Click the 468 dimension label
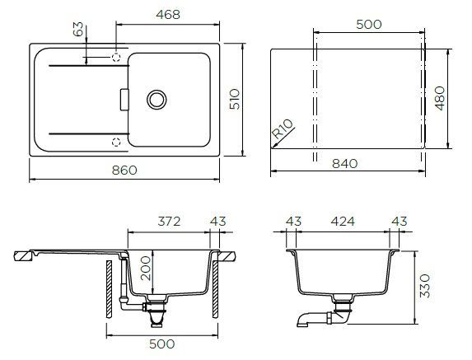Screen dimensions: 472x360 (x=168, y=15)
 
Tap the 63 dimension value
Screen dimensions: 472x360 (x=78, y=29)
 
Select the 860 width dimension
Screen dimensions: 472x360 (x=124, y=171)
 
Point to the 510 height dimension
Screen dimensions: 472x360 (x=235, y=99)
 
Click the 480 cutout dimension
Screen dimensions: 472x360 (x=440, y=98)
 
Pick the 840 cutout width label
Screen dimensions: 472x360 (x=345, y=164)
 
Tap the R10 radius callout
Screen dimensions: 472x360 (x=282, y=129)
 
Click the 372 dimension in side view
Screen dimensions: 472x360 (x=169, y=222)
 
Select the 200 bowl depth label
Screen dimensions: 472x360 (x=146, y=269)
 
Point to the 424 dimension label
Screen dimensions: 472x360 (x=343, y=222)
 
